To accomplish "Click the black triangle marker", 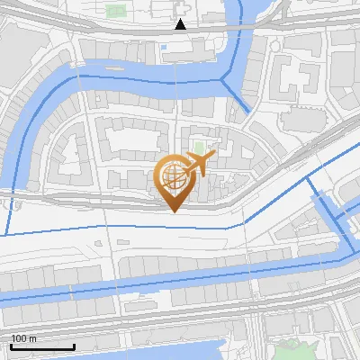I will pyautogui.click(x=181, y=24).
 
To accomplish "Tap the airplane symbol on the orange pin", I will pyautogui.click(x=199, y=165).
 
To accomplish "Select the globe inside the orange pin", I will pyautogui.click(x=174, y=178).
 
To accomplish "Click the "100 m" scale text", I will pyautogui.click(x=24, y=338).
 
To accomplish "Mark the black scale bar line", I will pyautogui.click(x=42, y=346).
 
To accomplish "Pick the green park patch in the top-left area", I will pyautogui.click(x=114, y=12).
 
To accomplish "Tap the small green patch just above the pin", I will pyautogui.click(x=198, y=147).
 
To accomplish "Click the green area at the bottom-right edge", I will pyautogui.click(x=293, y=349).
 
